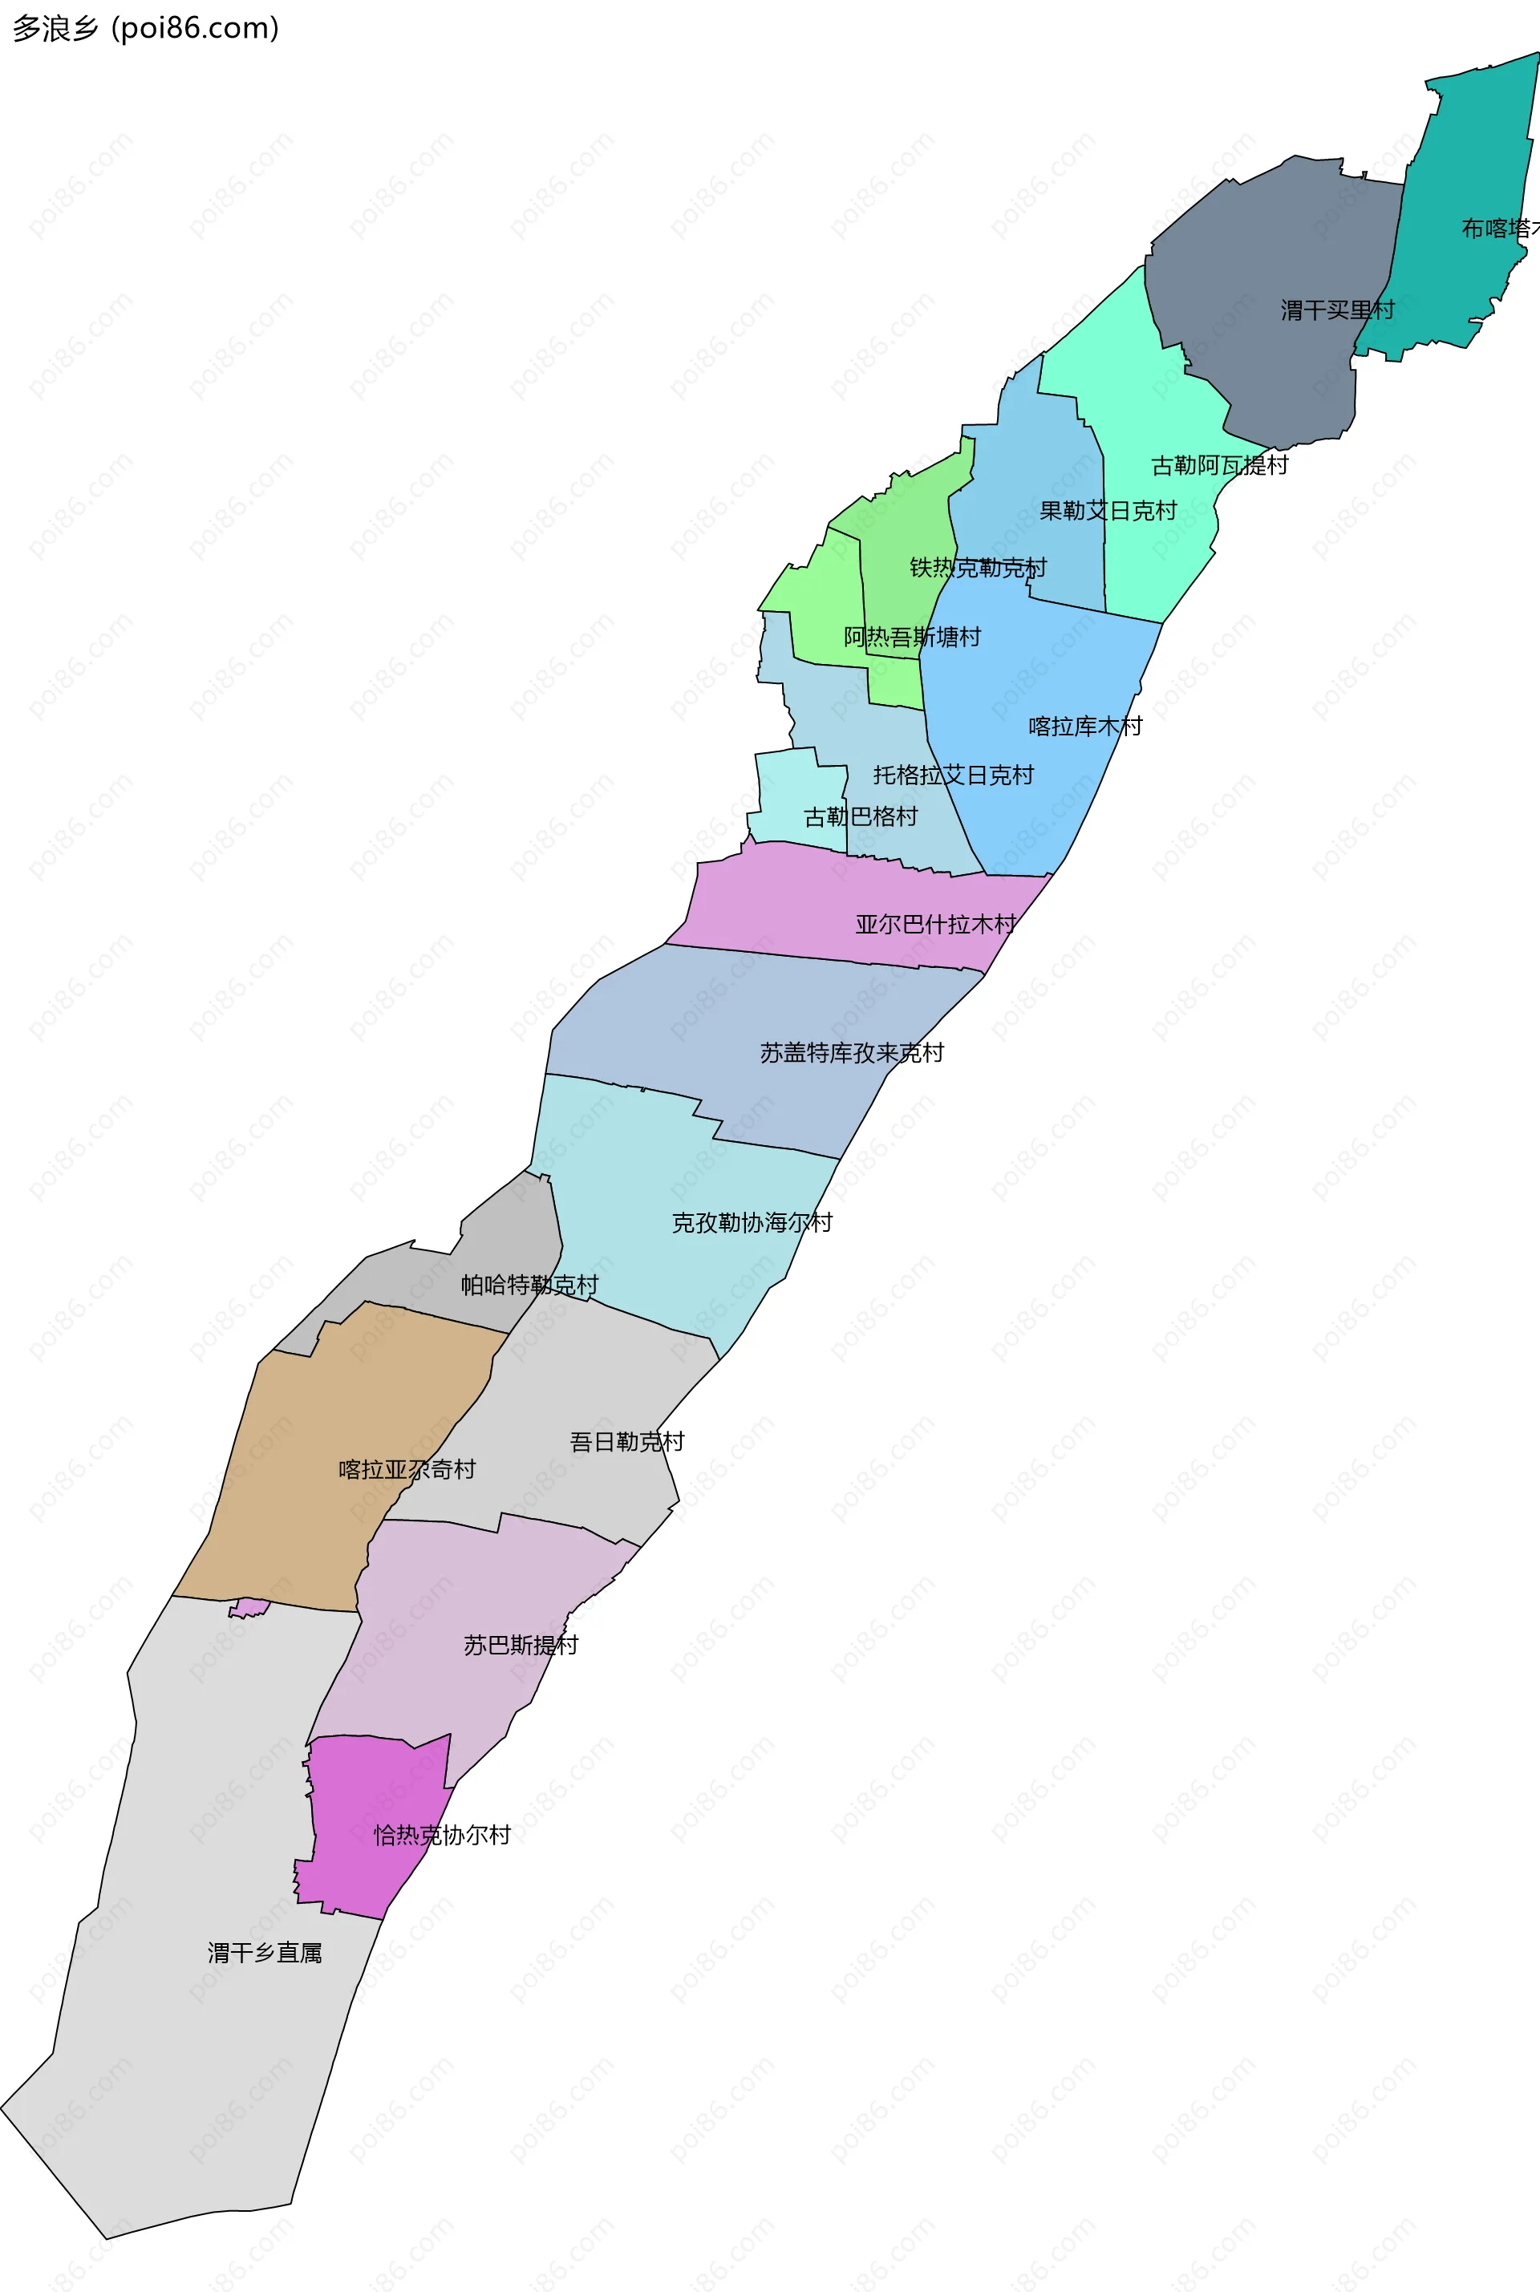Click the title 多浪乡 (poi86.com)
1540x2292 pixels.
coord(145,29)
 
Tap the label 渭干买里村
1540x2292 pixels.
coord(1337,310)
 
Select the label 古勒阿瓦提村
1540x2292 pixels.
coord(1219,464)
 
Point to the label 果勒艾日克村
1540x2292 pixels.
coord(1108,511)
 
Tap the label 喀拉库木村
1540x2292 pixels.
coord(1085,727)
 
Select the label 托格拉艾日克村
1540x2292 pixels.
coord(953,775)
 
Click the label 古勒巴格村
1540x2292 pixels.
coord(861,817)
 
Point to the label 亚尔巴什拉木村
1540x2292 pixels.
coord(935,924)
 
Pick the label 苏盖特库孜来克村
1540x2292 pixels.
coord(852,1053)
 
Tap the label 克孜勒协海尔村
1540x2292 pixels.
coord(752,1223)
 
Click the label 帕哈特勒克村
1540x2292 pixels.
coord(529,1285)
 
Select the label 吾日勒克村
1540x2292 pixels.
coord(626,1442)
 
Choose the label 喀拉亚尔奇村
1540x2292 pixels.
coord(407,1469)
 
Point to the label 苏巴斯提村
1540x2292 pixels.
coord(521,1645)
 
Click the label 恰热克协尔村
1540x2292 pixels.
coord(442,1834)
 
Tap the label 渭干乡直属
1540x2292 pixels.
coord(264,1952)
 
